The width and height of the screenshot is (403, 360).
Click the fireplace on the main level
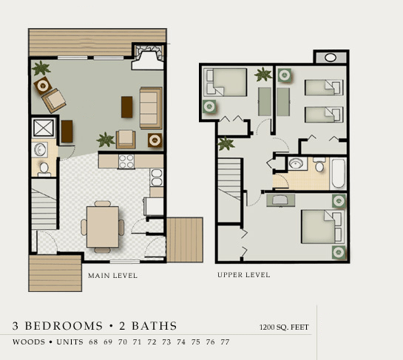pos(148,57)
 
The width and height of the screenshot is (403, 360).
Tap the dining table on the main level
pos(103,227)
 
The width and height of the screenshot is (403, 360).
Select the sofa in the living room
pos(151,108)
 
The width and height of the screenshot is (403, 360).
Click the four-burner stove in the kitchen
pos(126,162)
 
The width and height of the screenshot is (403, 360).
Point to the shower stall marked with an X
pos(44,128)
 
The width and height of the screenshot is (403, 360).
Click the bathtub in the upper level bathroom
pos(338,174)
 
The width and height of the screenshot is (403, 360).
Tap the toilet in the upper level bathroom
pos(319,164)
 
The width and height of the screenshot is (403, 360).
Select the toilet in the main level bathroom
pos(44,169)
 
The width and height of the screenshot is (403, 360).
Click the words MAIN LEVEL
pos(112,276)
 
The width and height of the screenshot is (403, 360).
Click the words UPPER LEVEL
pos(244,275)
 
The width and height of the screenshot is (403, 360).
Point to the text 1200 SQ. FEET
pos(284,327)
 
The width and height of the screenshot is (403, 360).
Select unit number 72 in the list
pos(152,342)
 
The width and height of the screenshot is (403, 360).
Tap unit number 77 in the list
pos(225,342)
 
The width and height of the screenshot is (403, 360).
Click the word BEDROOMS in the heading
pos(64,326)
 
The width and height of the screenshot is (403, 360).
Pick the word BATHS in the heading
pos(155,326)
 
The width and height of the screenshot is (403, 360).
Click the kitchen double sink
pos(157,177)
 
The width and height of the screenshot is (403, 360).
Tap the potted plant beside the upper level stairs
pos(226,143)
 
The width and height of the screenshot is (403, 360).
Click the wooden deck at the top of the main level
pos(98,42)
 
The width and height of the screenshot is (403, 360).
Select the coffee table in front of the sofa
pos(126,107)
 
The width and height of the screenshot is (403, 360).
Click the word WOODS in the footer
pos(29,342)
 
